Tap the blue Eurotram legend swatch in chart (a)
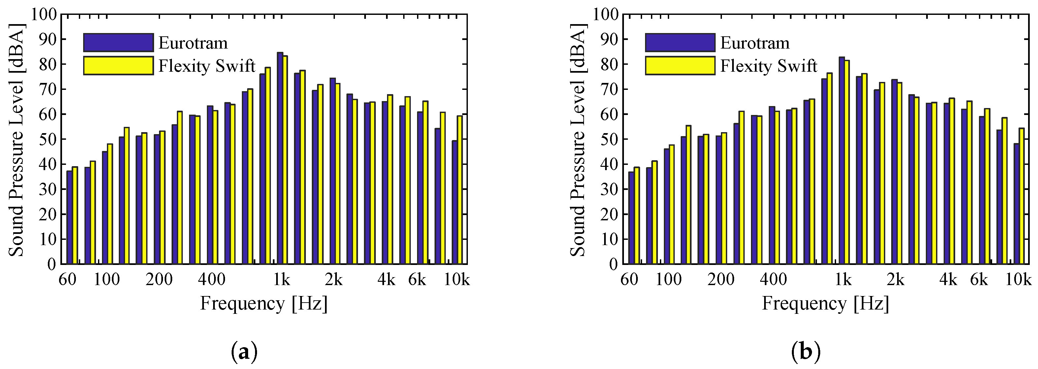(118, 43)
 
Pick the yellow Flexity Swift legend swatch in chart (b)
(680, 66)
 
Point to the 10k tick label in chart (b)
(1018, 279)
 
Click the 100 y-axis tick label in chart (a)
(44, 15)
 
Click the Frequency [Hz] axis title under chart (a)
(264, 303)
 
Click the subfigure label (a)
(244, 352)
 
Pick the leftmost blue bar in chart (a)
(69, 217)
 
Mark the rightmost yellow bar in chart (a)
(459, 190)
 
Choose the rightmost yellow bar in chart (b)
(1021, 196)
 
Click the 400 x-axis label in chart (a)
(211, 279)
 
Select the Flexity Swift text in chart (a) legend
(207, 66)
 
